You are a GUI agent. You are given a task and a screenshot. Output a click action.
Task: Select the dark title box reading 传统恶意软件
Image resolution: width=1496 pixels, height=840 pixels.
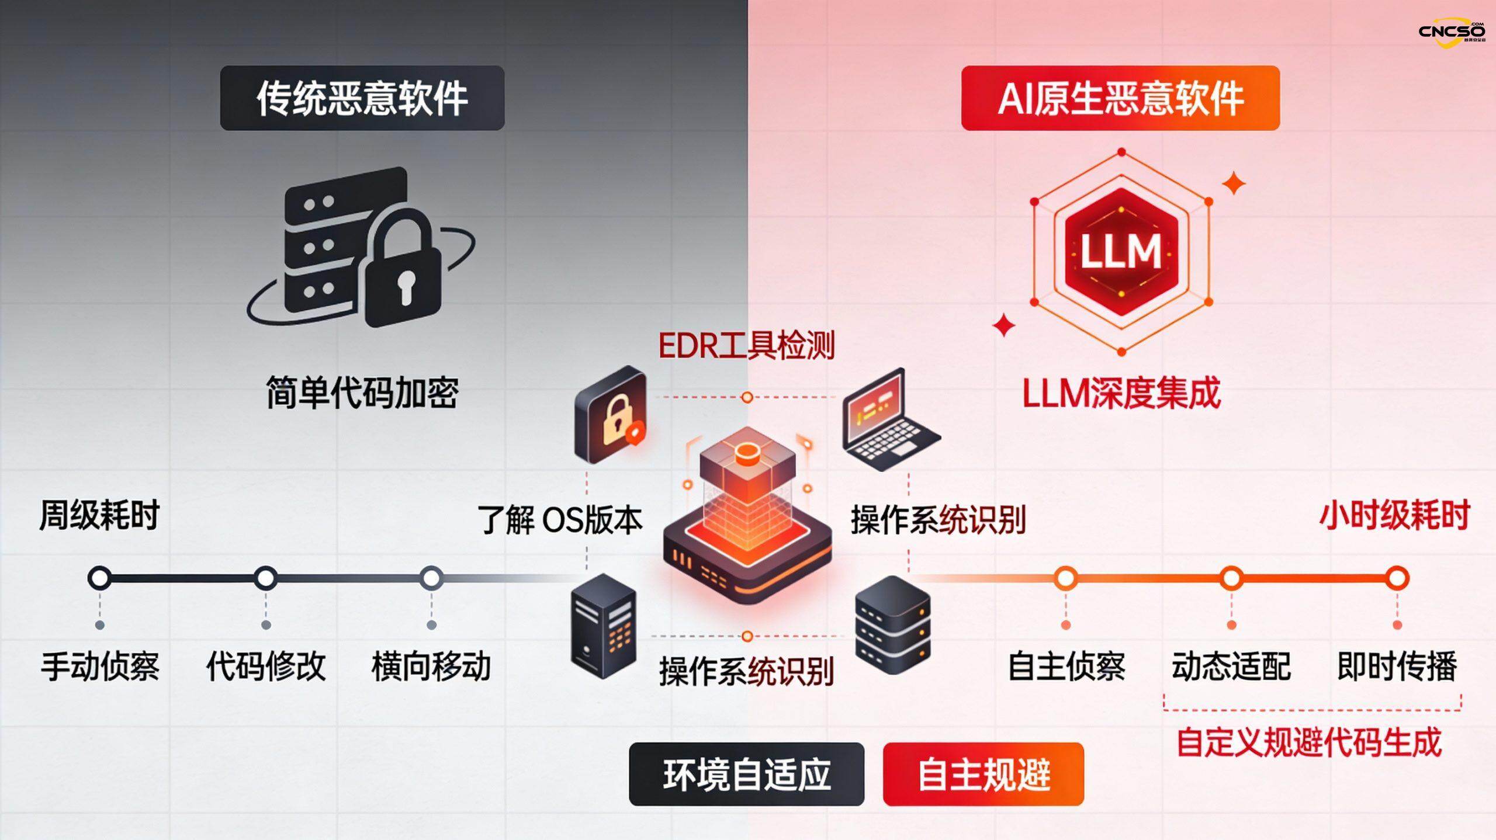point(362,98)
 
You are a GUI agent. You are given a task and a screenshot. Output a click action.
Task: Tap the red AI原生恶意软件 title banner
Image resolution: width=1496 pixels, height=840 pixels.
point(1120,98)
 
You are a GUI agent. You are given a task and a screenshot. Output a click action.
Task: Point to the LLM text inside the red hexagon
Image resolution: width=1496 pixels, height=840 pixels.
point(1120,252)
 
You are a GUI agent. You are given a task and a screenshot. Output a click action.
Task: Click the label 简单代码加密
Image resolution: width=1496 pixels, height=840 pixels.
point(362,393)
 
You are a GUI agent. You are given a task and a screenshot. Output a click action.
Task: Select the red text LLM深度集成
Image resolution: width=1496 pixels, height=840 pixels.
point(1121,393)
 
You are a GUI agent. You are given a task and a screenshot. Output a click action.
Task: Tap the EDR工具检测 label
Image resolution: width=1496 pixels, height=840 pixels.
point(746,345)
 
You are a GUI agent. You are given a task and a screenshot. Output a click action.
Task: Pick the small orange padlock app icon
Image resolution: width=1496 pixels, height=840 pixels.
point(611,414)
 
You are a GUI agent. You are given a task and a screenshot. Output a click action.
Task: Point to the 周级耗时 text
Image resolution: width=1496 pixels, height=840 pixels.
point(99,515)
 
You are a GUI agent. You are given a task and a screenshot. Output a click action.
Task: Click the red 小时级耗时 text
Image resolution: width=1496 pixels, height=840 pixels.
point(1394,515)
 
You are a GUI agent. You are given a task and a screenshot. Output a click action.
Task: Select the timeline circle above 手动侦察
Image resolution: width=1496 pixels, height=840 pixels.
point(99,578)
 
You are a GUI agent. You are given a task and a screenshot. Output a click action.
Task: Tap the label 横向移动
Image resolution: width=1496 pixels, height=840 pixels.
point(431,667)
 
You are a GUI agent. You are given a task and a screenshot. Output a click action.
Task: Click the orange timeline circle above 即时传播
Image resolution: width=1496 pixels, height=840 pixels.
point(1397,578)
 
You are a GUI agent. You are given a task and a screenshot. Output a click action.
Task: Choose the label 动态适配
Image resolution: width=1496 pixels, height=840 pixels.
point(1231,667)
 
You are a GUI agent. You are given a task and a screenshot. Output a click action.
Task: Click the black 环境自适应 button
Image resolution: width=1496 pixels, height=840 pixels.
point(746,775)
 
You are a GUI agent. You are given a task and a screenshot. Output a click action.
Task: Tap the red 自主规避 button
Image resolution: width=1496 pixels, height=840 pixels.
point(983,775)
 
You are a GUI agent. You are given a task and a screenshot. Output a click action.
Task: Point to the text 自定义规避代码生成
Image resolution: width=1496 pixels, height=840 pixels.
point(1309,742)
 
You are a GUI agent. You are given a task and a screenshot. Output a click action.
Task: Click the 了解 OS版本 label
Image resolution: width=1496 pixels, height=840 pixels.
point(560,520)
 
